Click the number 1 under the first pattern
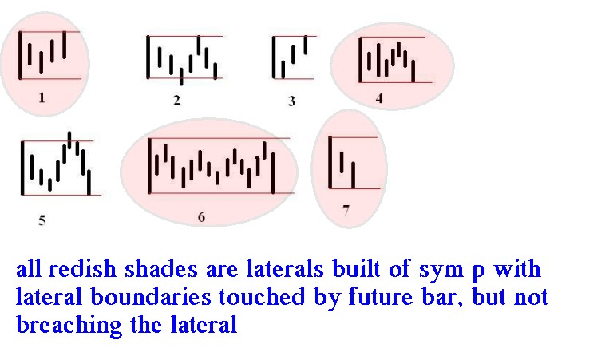(42, 97)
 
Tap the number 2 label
(176, 101)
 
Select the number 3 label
(291, 101)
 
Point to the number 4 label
(379, 98)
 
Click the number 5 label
(42, 220)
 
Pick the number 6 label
(201, 217)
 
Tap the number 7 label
(346, 211)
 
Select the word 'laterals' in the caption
(285, 269)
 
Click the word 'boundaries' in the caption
(151, 297)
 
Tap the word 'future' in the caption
(381, 297)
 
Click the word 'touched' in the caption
(262, 297)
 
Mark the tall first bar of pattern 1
(20, 56)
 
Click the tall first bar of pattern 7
(330, 162)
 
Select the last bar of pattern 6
(273, 172)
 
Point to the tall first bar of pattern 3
(274, 57)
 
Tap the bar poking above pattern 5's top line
(69, 140)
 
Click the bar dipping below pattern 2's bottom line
(181, 77)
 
